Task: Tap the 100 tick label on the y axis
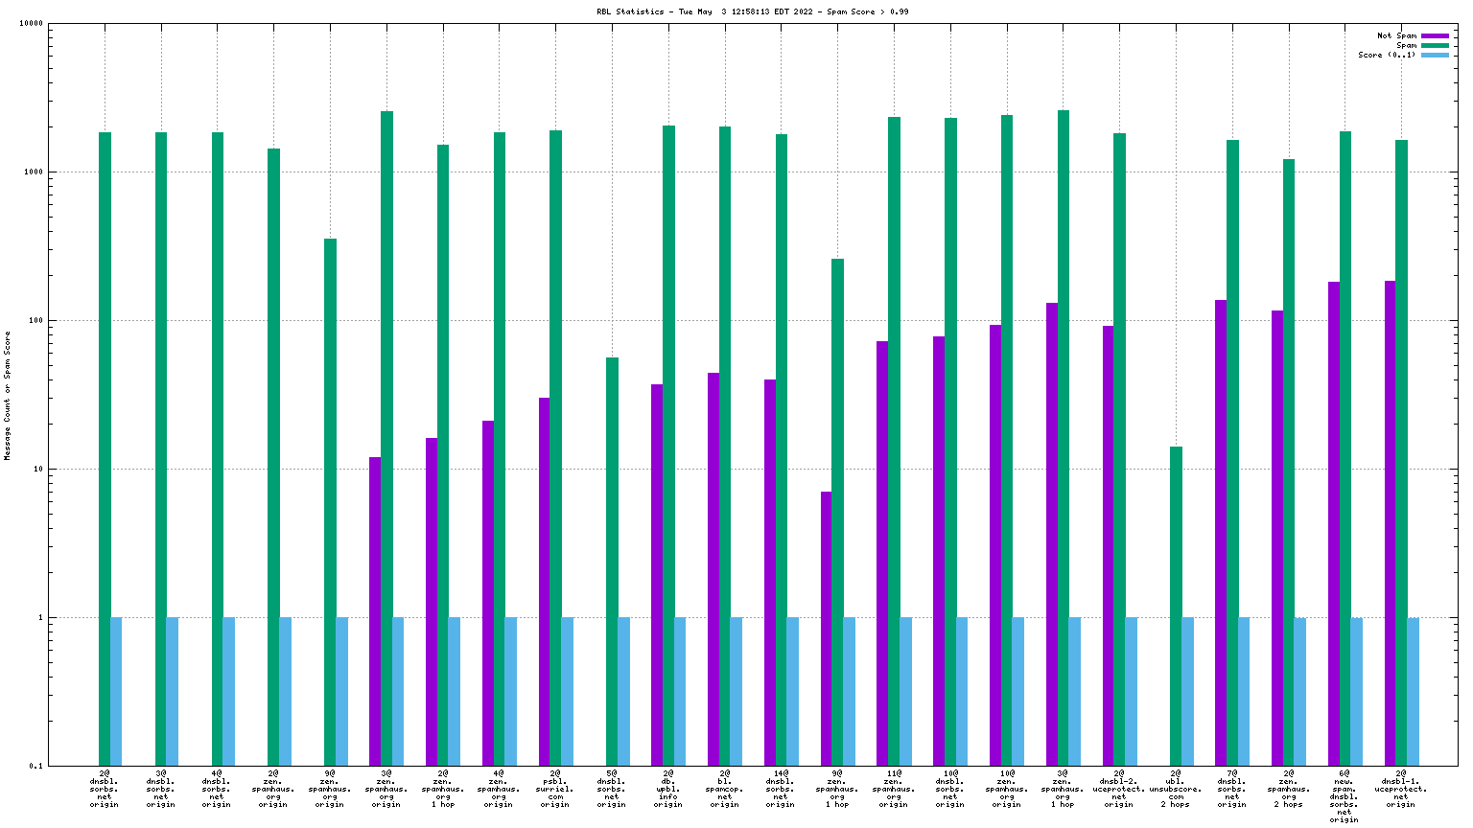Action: pyautogui.click(x=35, y=321)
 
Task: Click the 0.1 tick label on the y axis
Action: pyautogui.click(x=35, y=766)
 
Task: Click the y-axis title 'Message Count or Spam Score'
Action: pyautogui.click(x=8, y=395)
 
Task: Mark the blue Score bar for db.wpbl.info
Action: pyautogui.click(x=680, y=691)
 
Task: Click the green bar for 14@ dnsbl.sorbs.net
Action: pyautogui.click(x=782, y=449)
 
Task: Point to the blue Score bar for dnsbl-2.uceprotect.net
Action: pyautogui.click(x=1131, y=691)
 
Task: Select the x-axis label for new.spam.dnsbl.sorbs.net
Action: pyautogui.click(x=1344, y=796)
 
